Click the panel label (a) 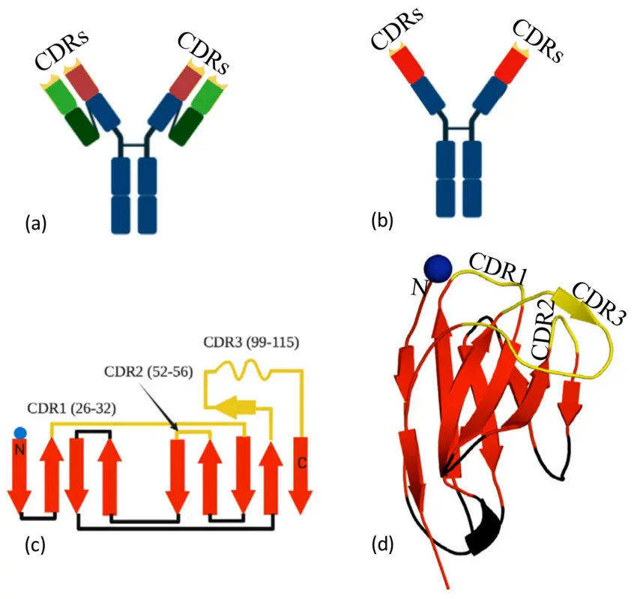pos(36,223)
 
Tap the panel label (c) pos(35,545)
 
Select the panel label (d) pos(383,545)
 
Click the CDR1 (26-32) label pos(71,408)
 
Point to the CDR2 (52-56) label pos(148,372)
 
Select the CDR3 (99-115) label pos(251,343)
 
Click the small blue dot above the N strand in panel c pos(20,433)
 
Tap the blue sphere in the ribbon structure pos(438,268)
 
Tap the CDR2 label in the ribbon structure pos(543,330)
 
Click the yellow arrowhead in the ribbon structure pos(578,306)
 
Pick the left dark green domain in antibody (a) pos(82,126)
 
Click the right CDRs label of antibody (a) pos(203,52)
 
